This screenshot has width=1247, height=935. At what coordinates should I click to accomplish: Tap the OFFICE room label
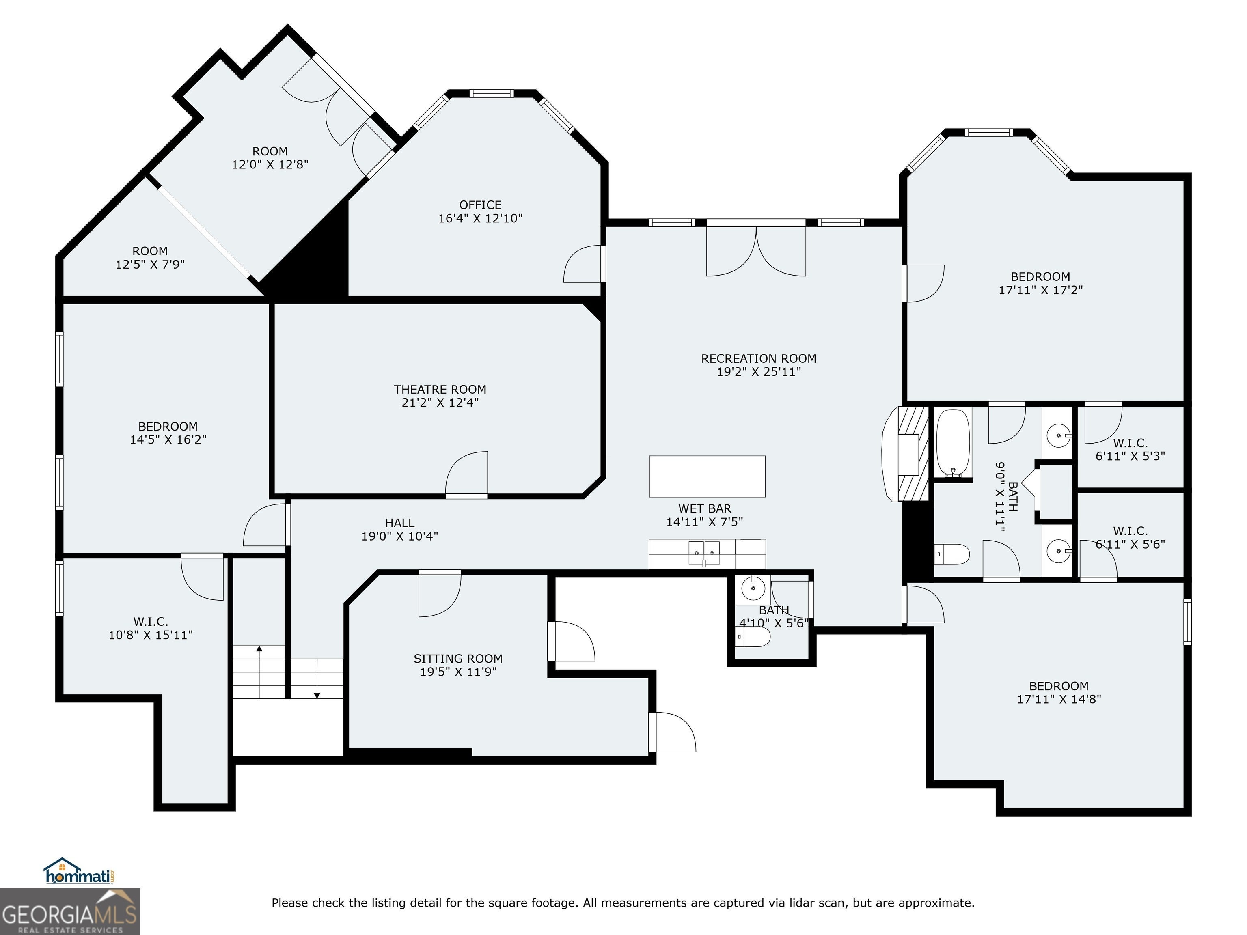480,205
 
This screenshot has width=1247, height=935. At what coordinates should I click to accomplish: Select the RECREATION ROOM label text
759,358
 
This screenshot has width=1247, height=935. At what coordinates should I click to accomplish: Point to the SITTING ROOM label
458,658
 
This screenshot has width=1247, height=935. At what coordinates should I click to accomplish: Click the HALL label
400,523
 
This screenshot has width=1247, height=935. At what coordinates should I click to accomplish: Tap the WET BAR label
705,508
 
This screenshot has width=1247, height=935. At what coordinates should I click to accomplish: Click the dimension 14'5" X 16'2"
168,439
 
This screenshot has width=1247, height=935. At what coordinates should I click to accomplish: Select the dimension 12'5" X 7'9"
150,264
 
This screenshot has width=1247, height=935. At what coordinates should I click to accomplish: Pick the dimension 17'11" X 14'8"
1059,699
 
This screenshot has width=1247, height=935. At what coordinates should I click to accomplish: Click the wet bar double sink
704,552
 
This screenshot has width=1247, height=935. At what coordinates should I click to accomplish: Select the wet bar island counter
707,476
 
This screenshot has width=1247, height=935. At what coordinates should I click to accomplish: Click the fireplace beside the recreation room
905,454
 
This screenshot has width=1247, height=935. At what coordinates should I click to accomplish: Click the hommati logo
80,872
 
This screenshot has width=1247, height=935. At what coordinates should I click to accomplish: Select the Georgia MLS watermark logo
69,911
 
